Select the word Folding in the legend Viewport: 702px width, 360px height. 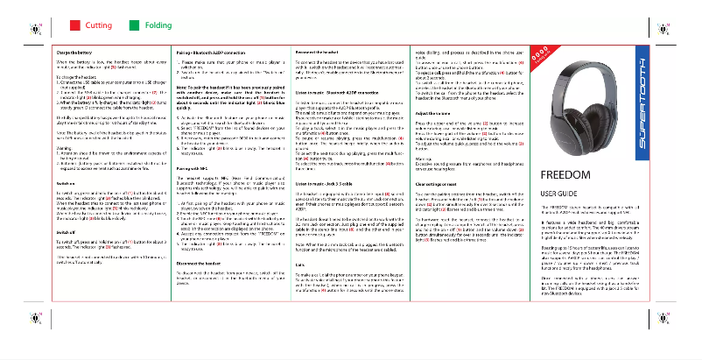click(x=158, y=25)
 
